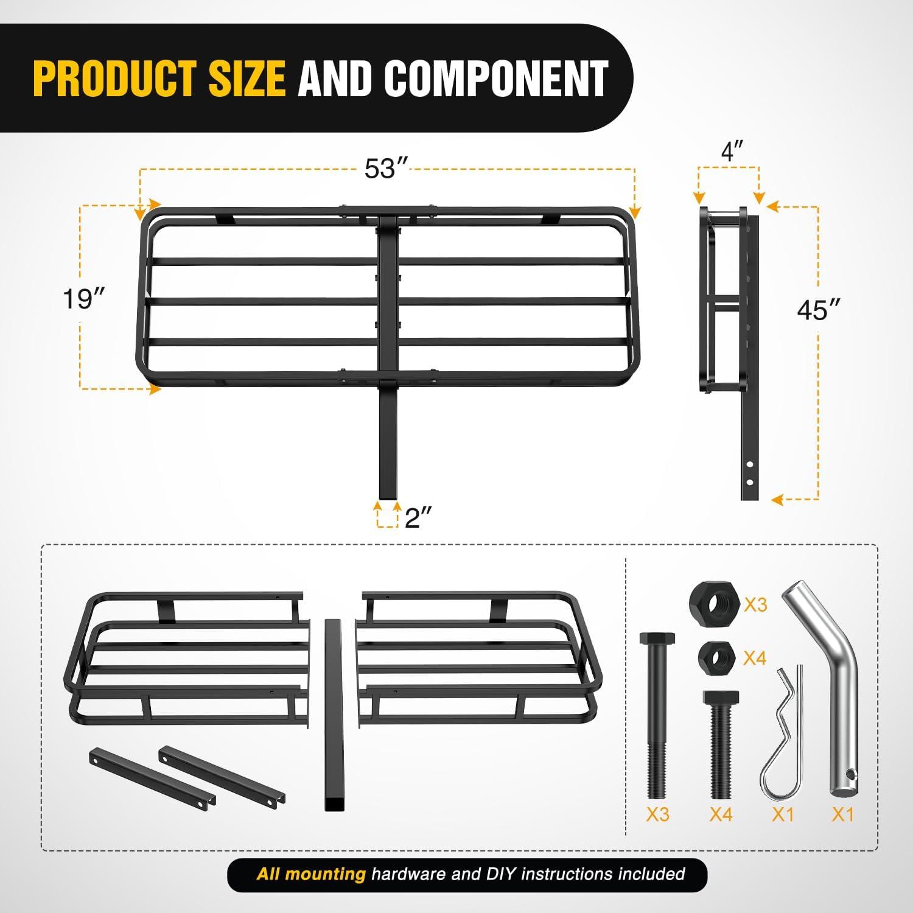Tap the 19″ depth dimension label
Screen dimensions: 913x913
[85, 299]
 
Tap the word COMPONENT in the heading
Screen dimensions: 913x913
[495, 79]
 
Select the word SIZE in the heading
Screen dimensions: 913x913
[247, 79]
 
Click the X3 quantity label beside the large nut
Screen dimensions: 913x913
[755, 604]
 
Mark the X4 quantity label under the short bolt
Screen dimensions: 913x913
[721, 814]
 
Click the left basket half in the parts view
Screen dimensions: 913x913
[186, 657]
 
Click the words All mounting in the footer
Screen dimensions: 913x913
[310, 875]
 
